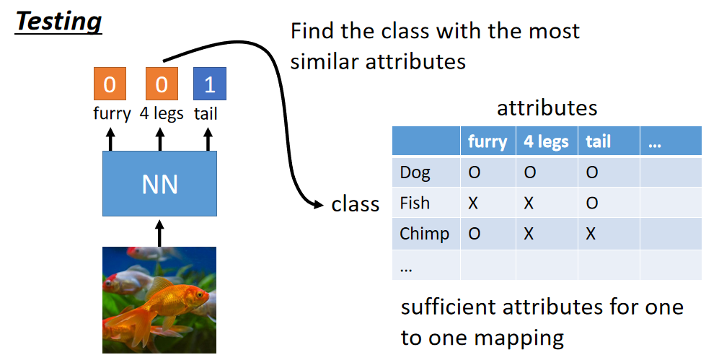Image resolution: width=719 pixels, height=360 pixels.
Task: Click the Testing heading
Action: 58,22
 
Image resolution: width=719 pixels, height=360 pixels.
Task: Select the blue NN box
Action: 159,184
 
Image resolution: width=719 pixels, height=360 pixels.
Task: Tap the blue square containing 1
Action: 210,84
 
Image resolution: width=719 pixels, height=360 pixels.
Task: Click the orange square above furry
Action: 110,84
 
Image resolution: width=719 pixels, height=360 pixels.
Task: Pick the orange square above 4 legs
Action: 161,84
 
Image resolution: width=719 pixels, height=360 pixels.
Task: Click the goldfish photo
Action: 159,299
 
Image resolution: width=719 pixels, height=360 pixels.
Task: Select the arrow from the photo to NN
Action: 159,232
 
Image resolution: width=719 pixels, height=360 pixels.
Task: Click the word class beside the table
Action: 355,204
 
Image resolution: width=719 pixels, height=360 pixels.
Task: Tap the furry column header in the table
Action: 488,141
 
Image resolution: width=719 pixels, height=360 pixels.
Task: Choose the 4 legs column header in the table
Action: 546,141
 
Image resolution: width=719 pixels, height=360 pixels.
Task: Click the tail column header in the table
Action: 598,141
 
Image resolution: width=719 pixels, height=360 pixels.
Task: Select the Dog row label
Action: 415,172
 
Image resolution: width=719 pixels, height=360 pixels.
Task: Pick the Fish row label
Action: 415,203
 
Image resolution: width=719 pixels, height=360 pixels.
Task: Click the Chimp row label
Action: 424,234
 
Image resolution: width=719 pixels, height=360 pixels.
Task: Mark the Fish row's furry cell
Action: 473,203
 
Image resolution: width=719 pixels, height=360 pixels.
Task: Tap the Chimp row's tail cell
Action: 592,234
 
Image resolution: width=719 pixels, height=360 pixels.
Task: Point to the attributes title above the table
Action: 547,108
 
